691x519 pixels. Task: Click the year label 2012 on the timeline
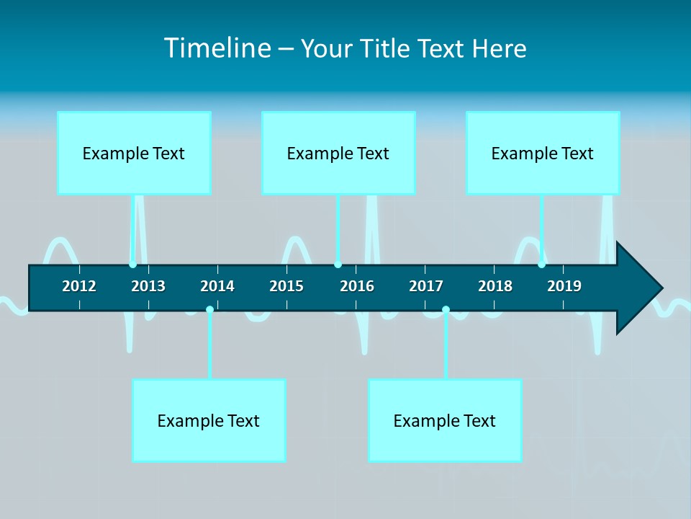click(x=79, y=286)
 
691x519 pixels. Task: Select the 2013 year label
click(x=148, y=286)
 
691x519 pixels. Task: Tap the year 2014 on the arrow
click(x=217, y=286)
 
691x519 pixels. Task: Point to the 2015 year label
click(x=286, y=286)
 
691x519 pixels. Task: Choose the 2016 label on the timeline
click(x=357, y=286)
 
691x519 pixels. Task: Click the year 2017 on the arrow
click(x=426, y=286)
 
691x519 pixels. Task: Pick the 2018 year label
click(x=495, y=286)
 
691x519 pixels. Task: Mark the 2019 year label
click(x=564, y=286)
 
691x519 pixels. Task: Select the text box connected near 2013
click(x=134, y=153)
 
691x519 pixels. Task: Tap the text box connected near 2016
click(x=338, y=153)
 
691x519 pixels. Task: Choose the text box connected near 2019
click(x=543, y=153)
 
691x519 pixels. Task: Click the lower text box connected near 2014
click(x=209, y=420)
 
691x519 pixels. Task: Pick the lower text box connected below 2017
click(x=445, y=420)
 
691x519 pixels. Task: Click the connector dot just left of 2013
click(x=133, y=265)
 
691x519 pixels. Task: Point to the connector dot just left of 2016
click(x=338, y=265)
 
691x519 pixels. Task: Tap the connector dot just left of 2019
click(x=542, y=265)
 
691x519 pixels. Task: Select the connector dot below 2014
click(x=209, y=310)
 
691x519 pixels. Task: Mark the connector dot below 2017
click(x=446, y=310)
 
